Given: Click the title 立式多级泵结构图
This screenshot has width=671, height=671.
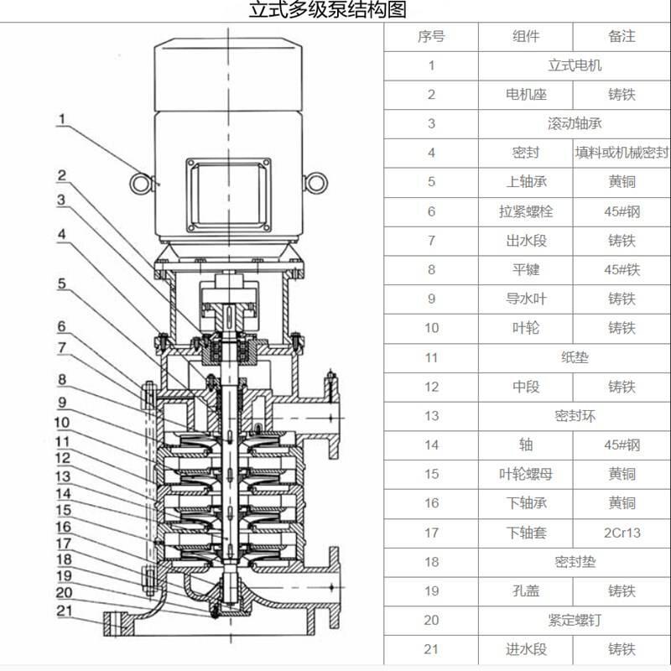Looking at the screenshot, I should tap(327, 11).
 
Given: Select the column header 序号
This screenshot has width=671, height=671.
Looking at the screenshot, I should tap(431, 37).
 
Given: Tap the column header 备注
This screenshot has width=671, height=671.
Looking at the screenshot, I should tap(622, 37).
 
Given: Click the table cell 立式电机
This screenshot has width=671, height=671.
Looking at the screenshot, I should tap(575, 65).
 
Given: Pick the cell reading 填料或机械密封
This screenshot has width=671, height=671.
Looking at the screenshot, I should tap(622, 153).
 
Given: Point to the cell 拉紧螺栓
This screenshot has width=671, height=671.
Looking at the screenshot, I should tap(526, 211).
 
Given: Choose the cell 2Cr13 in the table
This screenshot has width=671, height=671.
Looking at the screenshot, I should tap(622, 533).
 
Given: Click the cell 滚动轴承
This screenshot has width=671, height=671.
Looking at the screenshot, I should tap(575, 124).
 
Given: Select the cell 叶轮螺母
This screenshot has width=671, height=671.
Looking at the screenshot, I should tap(526, 474).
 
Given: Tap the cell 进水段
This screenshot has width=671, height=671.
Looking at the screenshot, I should tap(526, 649).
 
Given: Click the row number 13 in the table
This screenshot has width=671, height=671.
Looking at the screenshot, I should tap(431, 416).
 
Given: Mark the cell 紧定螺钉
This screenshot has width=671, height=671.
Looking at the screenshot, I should tap(575, 620).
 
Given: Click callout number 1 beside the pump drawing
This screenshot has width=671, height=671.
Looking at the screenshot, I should tap(61, 120).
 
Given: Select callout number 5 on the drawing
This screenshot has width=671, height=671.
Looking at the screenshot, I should tap(62, 283).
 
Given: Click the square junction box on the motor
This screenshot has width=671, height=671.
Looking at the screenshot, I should tap(229, 193).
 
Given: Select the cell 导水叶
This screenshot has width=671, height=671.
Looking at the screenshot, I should tap(526, 299).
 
